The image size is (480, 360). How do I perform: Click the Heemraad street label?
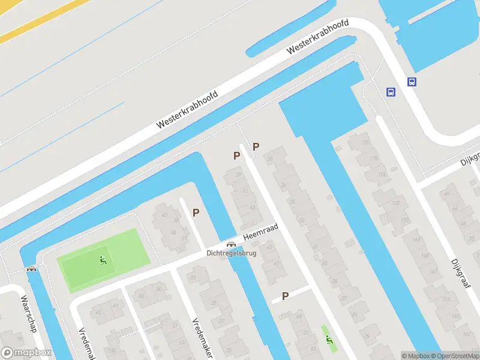(264, 233)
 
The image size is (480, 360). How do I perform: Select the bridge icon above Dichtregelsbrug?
(231, 245)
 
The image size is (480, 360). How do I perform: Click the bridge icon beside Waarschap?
(31, 269)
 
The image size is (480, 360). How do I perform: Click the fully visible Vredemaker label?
(202, 330)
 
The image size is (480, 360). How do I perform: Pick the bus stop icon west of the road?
(391, 92)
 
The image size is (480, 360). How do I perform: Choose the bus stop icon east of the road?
(412, 82)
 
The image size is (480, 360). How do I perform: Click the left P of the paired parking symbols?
(236, 155)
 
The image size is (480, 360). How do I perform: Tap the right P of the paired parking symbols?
(256, 146)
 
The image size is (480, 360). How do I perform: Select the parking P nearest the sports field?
(196, 212)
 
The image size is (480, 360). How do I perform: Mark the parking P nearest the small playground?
(286, 295)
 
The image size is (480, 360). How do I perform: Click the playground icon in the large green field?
(103, 261)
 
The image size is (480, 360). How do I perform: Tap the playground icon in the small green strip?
(329, 339)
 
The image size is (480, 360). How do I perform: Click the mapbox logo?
(25, 352)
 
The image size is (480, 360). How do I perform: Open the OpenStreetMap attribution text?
(454, 356)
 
